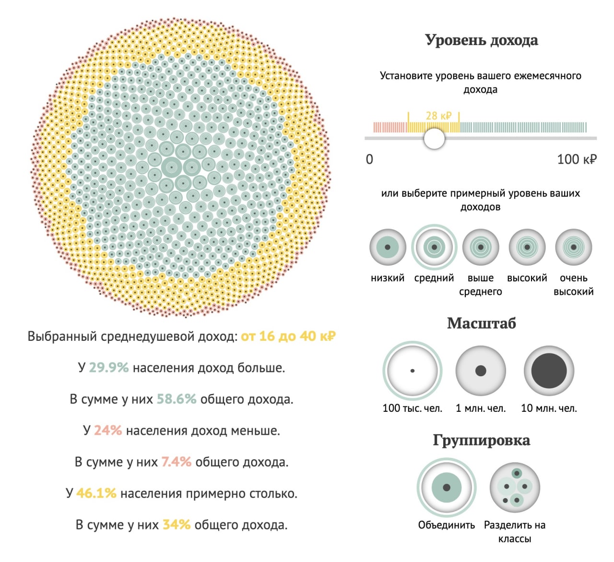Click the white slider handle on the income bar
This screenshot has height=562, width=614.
(x=435, y=139)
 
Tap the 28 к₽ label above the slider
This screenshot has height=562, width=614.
(x=438, y=116)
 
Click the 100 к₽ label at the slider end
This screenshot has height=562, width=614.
(x=577, y=159)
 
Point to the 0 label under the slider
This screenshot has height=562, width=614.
(x=369, y=159)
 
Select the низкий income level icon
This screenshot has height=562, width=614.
(x=388, y=248)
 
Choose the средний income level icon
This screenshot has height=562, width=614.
(x=434, y=248)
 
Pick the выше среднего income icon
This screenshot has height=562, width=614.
(x=481, y=248)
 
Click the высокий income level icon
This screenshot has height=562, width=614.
(x=527, y=248)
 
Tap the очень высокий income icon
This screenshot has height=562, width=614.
(x=574, y=248)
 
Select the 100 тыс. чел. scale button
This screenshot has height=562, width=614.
(x=413, y=371)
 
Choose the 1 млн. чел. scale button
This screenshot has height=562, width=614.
(x=481, y=371)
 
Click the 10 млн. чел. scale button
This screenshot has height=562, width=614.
(x=549, y=371)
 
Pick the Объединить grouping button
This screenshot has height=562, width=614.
(x=447, y=488)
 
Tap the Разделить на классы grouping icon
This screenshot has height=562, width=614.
(x=515, y=488)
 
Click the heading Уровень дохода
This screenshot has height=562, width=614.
(x=481, y=40)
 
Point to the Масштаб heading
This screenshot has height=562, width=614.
(x=481, y=323)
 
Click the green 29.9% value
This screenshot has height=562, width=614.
(x=109, y=368)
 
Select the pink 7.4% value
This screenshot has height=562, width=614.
(x=176, y=462)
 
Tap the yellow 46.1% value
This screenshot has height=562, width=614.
(x=96, y=493)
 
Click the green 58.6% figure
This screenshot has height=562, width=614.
(x=177, y=399)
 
